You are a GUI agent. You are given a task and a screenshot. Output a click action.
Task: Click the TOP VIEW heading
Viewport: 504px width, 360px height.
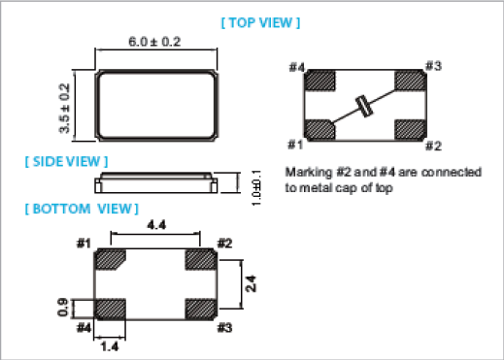(260, 22)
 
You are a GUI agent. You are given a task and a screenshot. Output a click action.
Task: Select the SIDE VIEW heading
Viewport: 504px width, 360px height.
(66, 161)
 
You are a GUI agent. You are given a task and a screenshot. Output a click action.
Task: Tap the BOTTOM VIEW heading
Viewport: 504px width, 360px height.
(82, 209)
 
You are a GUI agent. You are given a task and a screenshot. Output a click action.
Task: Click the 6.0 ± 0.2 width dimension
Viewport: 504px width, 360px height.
(154, 42)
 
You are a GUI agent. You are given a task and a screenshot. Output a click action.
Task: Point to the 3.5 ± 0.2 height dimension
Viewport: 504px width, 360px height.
(64, 108)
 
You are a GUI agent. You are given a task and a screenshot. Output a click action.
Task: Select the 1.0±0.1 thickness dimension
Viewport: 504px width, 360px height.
(256, 188)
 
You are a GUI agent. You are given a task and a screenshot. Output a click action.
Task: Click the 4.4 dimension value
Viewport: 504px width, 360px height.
(156, 224)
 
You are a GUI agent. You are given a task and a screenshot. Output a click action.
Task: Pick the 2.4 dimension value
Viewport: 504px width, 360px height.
(252, 283)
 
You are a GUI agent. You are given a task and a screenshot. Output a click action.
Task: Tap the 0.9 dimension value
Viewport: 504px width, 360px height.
(63, 308)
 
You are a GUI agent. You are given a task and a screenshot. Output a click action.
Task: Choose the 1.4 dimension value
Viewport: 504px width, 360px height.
(110, 346)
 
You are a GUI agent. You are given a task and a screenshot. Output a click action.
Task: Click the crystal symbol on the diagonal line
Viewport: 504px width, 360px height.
(364, 107)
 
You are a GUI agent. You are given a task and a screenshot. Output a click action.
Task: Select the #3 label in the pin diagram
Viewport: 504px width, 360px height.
(433, 66)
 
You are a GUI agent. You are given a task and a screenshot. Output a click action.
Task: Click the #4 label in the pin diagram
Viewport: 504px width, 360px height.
(297, 67)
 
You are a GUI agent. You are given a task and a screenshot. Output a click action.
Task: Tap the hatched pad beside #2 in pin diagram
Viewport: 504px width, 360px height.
(410, 130)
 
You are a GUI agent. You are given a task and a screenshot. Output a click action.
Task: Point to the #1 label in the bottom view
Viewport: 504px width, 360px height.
(84, 243)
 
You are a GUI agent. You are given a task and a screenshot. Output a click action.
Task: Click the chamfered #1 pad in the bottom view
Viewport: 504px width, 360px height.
(110, 259)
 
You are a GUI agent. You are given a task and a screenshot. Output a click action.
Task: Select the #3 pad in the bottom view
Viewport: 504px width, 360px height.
(201, 310)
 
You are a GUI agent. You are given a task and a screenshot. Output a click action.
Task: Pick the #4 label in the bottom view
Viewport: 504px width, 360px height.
(84, 328)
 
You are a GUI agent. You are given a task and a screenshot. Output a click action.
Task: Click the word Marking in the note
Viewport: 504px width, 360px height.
(309, 173)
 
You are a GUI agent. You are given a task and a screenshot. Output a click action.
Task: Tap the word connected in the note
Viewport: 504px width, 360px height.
(452, 172)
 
